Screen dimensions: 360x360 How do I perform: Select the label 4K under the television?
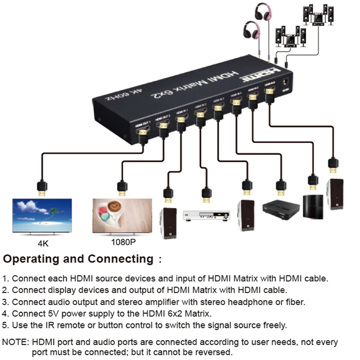pos(43,245)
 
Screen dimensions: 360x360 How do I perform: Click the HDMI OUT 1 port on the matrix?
pos(142,133)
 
